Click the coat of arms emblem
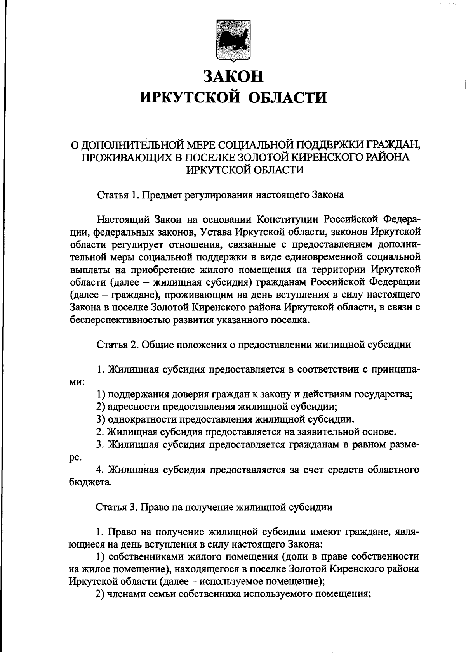click(x=233, y=42)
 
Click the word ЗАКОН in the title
click(x=233, y=76)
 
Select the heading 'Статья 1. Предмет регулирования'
click(x=220, y=194)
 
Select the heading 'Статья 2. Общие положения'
click(x=253, y=344)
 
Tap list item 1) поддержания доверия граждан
click(x=254, y=394)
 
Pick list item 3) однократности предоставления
click(x=225, y=419)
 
